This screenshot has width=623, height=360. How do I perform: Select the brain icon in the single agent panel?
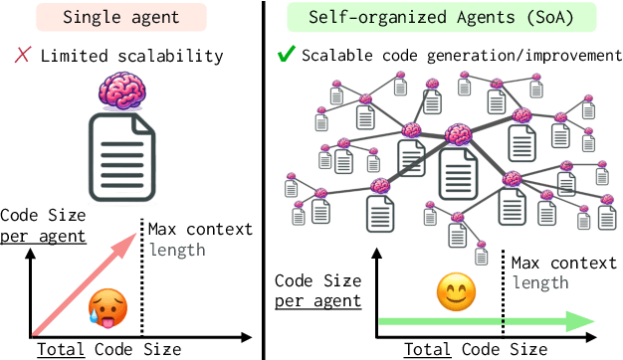pos(123,94)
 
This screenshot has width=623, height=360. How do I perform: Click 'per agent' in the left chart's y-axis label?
pos(43,236)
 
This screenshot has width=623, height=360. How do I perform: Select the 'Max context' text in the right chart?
pos(562,264)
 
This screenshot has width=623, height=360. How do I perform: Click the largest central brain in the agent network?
pos(459,132)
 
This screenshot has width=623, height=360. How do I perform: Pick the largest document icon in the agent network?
pos(458,175)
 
